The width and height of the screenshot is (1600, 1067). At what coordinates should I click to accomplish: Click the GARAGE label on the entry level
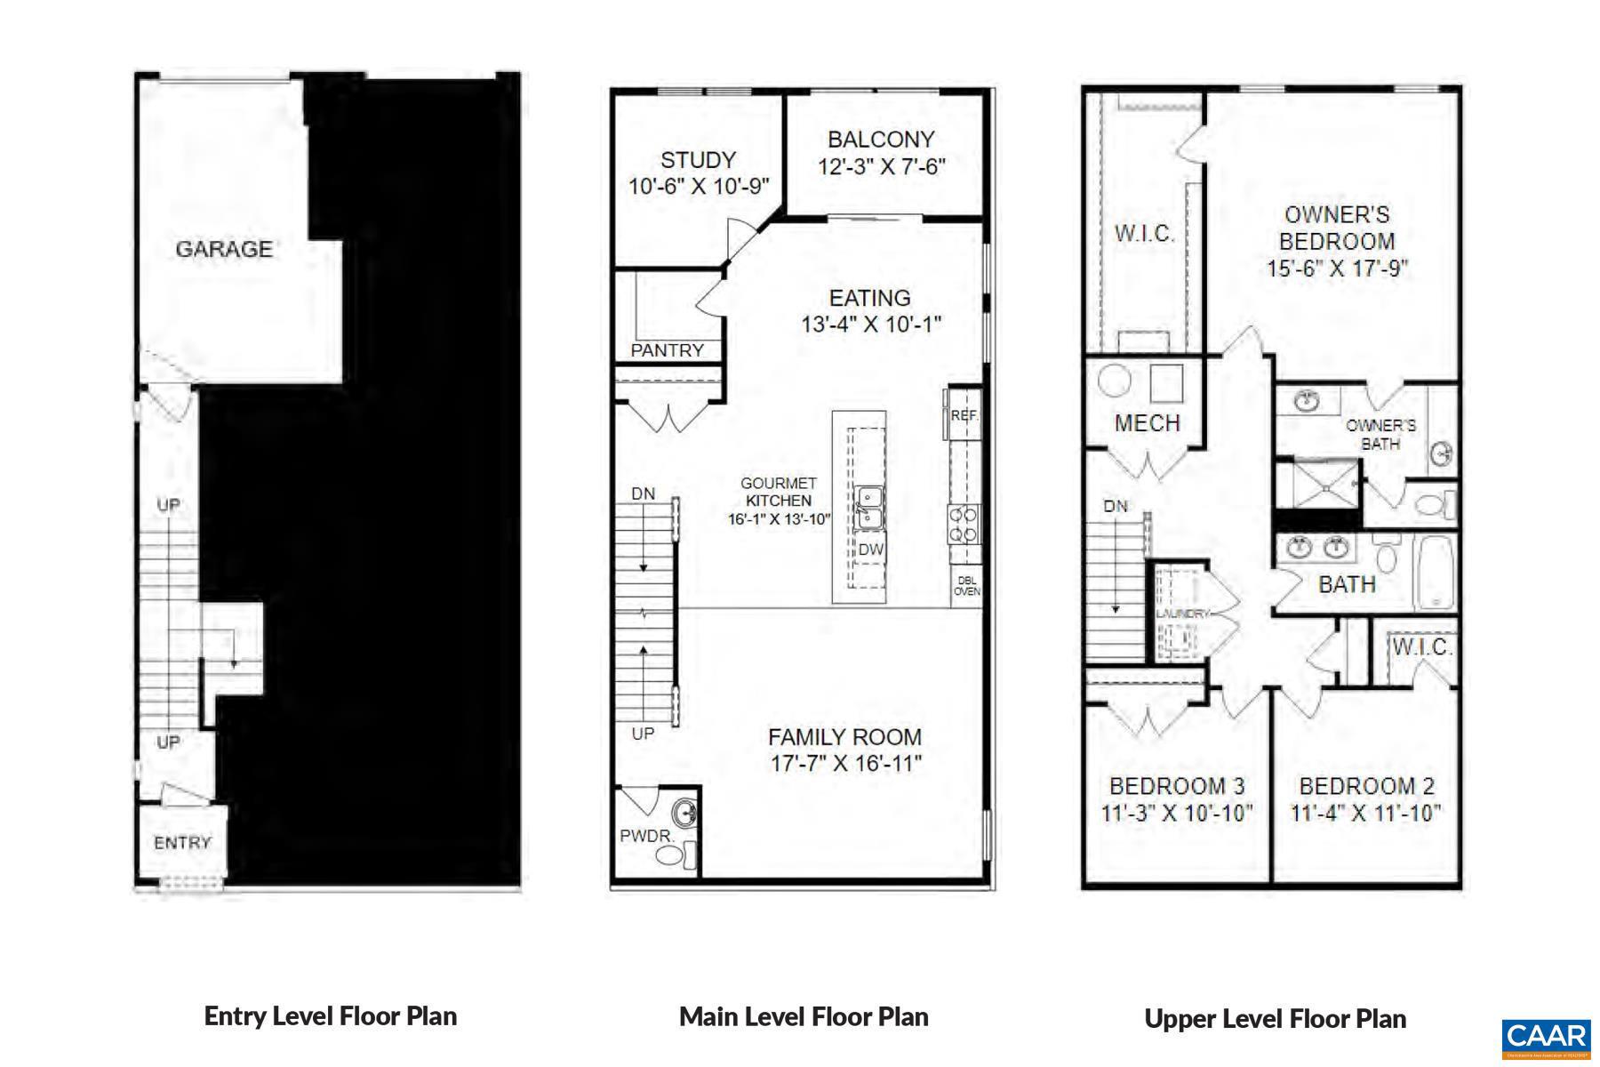[x=224, y=249]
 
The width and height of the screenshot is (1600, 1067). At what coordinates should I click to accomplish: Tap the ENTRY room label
[x=182, y=842]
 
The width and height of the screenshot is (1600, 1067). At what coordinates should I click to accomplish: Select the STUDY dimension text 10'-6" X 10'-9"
[x=699, y=187]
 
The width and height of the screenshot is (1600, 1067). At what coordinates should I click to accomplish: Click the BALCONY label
[x=881, y=140]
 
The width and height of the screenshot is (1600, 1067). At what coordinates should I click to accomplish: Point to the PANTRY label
[x=667, y=350]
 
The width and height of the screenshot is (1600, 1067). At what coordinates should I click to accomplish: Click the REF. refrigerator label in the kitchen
[x=964, y=415]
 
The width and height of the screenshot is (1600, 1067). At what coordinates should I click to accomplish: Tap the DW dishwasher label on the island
[x=870, y=550]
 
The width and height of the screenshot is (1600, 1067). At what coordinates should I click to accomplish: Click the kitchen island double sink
[x=868, y=507]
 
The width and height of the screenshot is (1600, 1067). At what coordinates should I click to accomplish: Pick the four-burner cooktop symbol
[x=964, y=524]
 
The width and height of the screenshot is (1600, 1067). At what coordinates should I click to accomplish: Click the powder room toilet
[x=672, y=856]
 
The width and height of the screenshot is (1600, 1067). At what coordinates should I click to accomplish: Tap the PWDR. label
[x=646, y=837]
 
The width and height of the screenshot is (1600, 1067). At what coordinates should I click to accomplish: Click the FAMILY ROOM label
[x=844, y=737]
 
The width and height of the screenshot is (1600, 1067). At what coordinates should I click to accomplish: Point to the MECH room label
[x=1147, y=423]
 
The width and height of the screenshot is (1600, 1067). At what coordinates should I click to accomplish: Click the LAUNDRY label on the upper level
[x=1182, y=614]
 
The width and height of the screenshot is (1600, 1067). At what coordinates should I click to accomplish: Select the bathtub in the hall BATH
[x=1433, y=571]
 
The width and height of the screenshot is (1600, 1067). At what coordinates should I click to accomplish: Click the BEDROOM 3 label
[x=1177, y=786]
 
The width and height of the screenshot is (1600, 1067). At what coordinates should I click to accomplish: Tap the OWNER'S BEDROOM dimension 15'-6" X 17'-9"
[x=1337, y=269]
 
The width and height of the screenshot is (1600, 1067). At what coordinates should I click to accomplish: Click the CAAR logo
[x=1546, y=1037]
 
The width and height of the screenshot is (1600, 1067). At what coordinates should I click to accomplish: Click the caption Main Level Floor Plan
[x=804, y=1016]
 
